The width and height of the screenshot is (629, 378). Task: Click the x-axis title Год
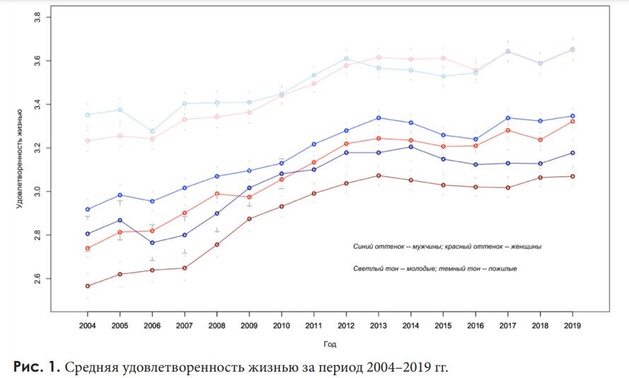point(330,344)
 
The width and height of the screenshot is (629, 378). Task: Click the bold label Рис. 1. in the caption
point(37,367)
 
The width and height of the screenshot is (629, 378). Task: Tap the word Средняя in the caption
point(96,367)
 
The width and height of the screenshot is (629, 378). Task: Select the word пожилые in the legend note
point(500,269)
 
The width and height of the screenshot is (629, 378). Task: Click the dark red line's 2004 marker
point(88,286)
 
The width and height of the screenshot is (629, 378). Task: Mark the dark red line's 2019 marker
point(572,176)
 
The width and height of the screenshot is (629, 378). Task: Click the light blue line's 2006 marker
point(152,131)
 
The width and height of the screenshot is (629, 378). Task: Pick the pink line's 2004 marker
point(88,141)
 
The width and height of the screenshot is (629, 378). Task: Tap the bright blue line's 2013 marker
point(379,118)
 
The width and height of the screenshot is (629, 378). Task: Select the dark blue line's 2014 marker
point(411,147)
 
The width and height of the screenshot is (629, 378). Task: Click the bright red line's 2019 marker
point(572,121)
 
